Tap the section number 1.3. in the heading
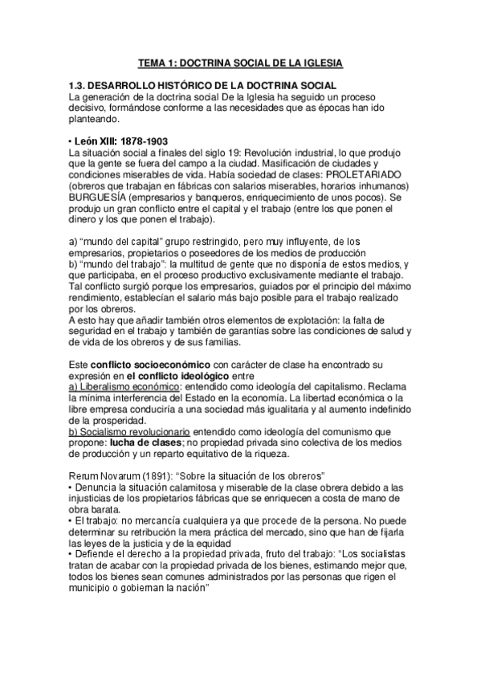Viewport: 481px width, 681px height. (x=81, y=86)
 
